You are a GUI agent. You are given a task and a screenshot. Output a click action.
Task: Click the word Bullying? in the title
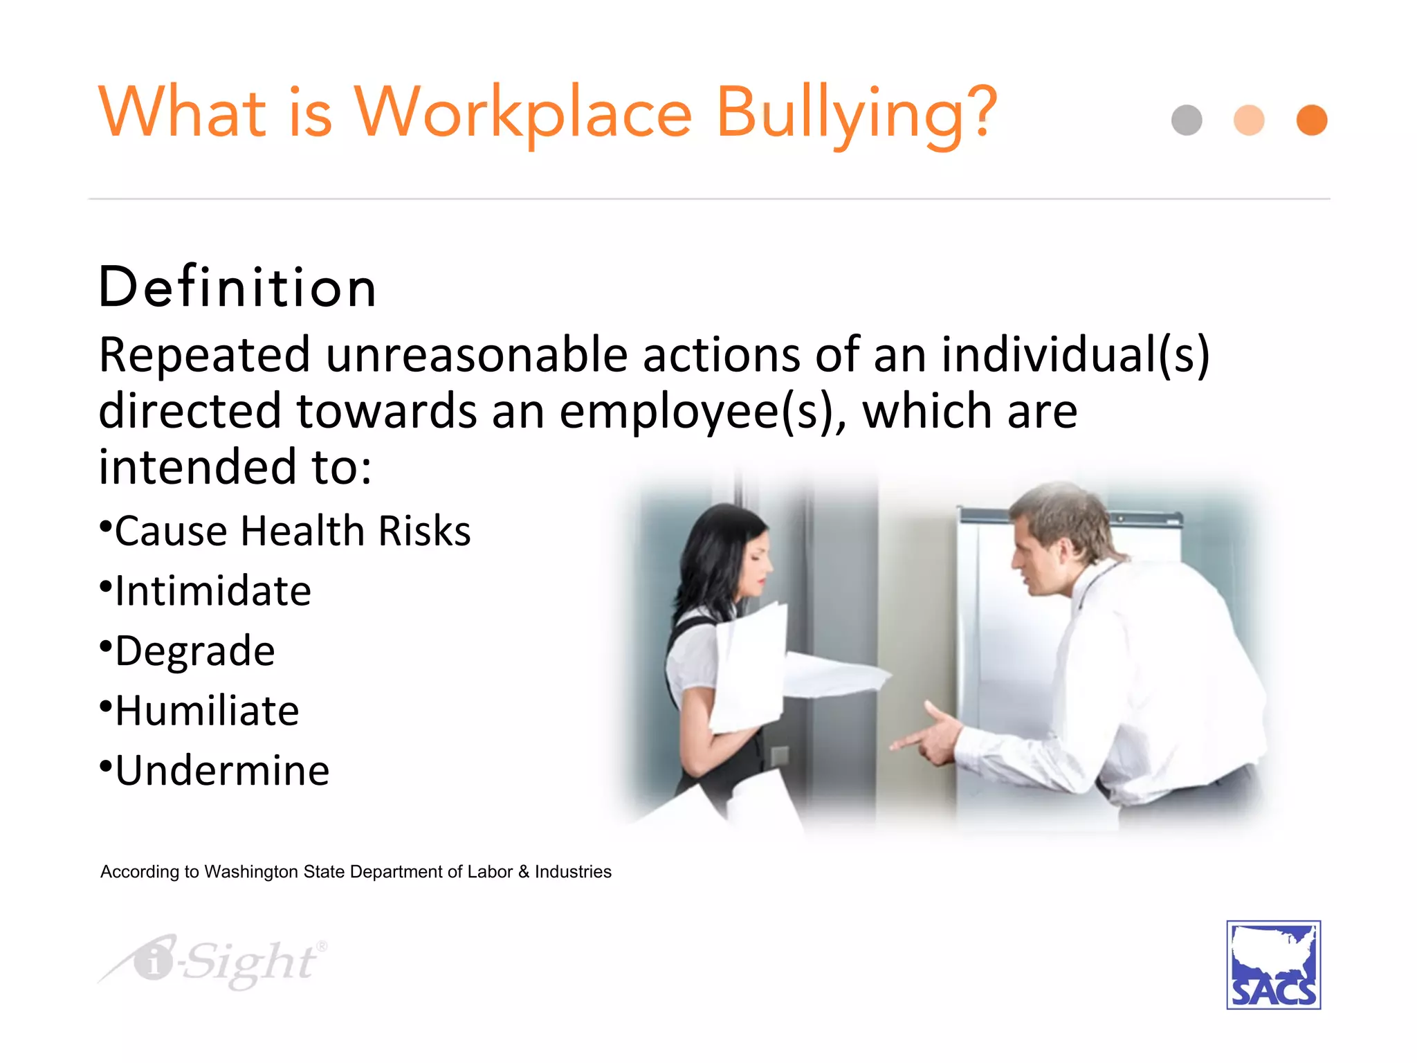click(857, 114)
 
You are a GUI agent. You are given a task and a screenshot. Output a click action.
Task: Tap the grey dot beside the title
click(1187, 120)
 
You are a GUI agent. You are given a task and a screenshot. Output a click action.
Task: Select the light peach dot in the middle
click(1249, 120)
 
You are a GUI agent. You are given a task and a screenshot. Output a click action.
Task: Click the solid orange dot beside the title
click(1312, 120)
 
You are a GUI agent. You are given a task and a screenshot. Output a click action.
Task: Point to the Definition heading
click(237, 287)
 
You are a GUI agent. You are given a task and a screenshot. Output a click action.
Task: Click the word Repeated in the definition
click(204, 355)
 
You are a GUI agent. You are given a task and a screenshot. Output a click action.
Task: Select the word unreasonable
click(477, 355)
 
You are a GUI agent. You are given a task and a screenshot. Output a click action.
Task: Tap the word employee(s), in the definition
click(702, 412)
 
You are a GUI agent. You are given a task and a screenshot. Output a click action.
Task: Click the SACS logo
click(1273, 965)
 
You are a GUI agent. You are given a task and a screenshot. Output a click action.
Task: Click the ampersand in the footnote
click(523, 872)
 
